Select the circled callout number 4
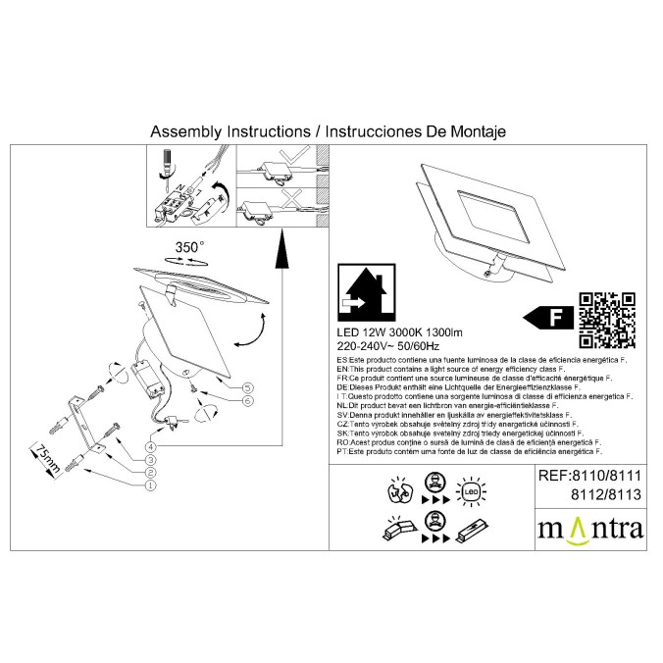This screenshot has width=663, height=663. (150, 447)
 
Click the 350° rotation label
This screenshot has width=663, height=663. (189, 247)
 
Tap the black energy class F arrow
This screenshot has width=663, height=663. (547, 317)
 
